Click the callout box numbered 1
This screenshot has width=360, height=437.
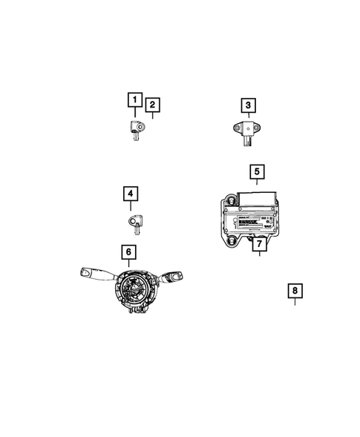[x=134, y=99]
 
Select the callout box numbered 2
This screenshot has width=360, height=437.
[x=152, y=106]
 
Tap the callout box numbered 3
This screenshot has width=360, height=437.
[x=248, y=105]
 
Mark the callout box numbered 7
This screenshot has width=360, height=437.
[x=258, y=242]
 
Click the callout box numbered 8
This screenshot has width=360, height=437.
[x=295, y=291]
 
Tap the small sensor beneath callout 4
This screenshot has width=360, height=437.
[x=134, y=220]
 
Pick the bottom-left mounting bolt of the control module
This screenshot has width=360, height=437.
[x=232, y=240]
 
